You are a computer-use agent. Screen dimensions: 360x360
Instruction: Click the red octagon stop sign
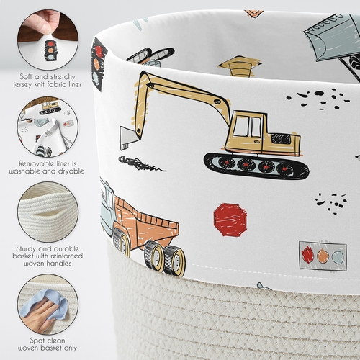pyautogui.click(x=230, y=220)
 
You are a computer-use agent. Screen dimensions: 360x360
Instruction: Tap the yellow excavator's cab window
pyautogui.click(x=248, y=127)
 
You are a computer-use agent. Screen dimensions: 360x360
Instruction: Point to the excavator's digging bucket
pyautogui.click(x=129, y=138)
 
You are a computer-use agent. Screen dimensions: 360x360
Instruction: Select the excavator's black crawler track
pyautogui.click(x=256, y=166)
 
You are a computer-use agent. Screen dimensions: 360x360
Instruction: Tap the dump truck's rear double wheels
pyautogui.click(x=164, y=258)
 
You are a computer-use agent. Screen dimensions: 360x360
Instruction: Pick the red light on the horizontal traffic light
pyautogui.click(x=308, y=255)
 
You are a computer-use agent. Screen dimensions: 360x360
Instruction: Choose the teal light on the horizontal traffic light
pyautogui.click(x=338, y=256)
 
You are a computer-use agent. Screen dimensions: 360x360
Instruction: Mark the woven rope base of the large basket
pyautogui.click(x=216, y=317)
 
